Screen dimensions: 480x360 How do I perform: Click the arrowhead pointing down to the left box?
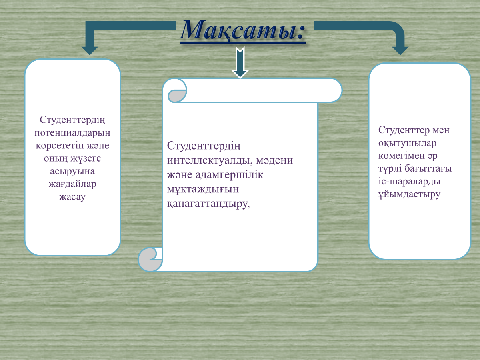click(90, 51)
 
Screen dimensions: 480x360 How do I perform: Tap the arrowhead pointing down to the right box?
click(400, 51)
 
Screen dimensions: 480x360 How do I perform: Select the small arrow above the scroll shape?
click(240, 62)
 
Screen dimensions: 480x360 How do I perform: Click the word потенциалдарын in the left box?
click(72, 133)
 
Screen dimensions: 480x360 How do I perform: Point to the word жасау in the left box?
click(72, 197)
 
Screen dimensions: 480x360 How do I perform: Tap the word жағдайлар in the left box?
click(72, 184)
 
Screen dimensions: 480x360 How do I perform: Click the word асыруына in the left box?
click(72, 172)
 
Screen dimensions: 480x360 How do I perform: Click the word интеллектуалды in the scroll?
click(208, 160)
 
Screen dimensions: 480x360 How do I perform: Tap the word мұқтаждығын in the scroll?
click(203, 190)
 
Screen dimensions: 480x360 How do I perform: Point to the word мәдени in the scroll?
click(274, 160)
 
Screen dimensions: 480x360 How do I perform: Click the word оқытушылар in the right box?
click(407, 143)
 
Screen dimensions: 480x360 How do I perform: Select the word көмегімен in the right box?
click(402, 156)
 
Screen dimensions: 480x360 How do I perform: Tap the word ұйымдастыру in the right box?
click(409, 194)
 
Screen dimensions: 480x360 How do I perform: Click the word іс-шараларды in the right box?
click(409, 182)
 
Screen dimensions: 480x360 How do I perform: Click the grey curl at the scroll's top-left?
click(176, 96)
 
